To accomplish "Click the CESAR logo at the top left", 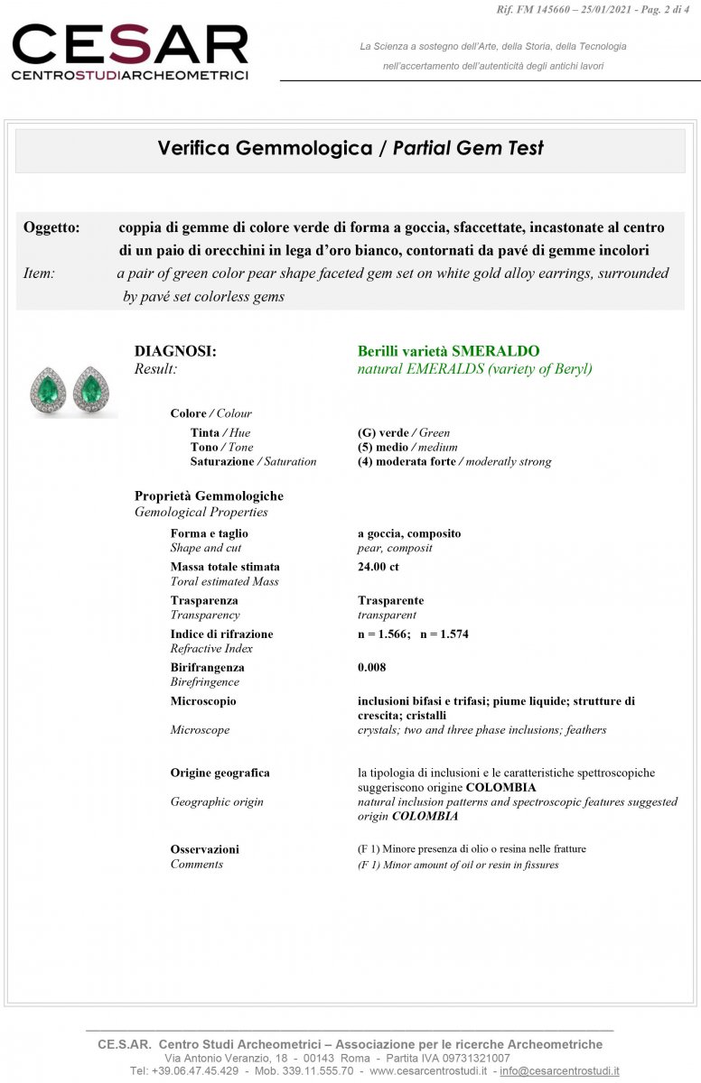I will pyautogui.click(x=129, y=51).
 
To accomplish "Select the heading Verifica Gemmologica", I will pyautogui.click(x=265, y=148).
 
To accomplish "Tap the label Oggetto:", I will pyautogui.click(x=51, y=227).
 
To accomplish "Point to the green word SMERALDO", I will pyautogui.click(x=496, y=351).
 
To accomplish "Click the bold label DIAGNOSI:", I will pyautogui.click(x=175, y=351).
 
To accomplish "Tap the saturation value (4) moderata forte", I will pyautogui.click(x=407, y=461).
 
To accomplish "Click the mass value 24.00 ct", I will pyautogui.click(x=379, y=567).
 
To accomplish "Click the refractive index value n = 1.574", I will pyautogui.click(x=444, y=634).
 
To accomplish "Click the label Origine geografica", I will pyautogui.click(x=220, y=773).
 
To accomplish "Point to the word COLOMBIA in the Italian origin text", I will pyautogui.click(x=500, y=787).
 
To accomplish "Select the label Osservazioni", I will pyautogui.click(x=205, y=849).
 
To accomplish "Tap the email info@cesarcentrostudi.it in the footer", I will pyautogui.click(x=559, y=1070).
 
